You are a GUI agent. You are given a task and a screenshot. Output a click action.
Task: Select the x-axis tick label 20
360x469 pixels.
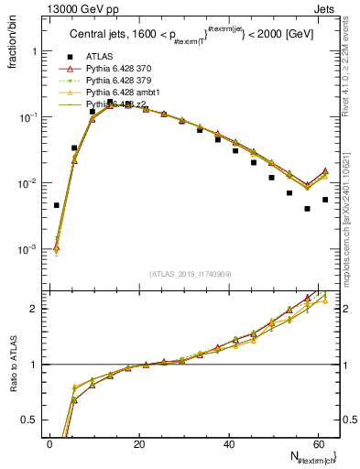click(x=139, y=443)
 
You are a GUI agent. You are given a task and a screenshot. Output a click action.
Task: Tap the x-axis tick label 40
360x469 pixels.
click(x=229, y=443)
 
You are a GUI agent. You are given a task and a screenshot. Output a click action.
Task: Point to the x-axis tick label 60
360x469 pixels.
click(x=319, y=443)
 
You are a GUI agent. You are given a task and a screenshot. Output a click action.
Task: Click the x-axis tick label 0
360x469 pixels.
click(x=49, y=443)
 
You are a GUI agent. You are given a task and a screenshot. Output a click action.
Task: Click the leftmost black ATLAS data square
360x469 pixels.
click(x=57, y=205)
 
